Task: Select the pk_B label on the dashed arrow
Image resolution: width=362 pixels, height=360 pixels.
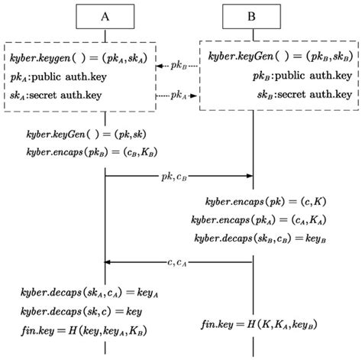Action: [177, 66]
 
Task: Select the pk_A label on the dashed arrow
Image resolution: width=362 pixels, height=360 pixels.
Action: [177, 96]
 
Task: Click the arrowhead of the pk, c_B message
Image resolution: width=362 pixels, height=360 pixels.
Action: [248, 176]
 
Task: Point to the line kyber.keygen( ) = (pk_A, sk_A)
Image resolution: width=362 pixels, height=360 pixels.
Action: [83, 58]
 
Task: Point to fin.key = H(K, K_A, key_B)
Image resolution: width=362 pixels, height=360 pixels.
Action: [260, 326]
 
